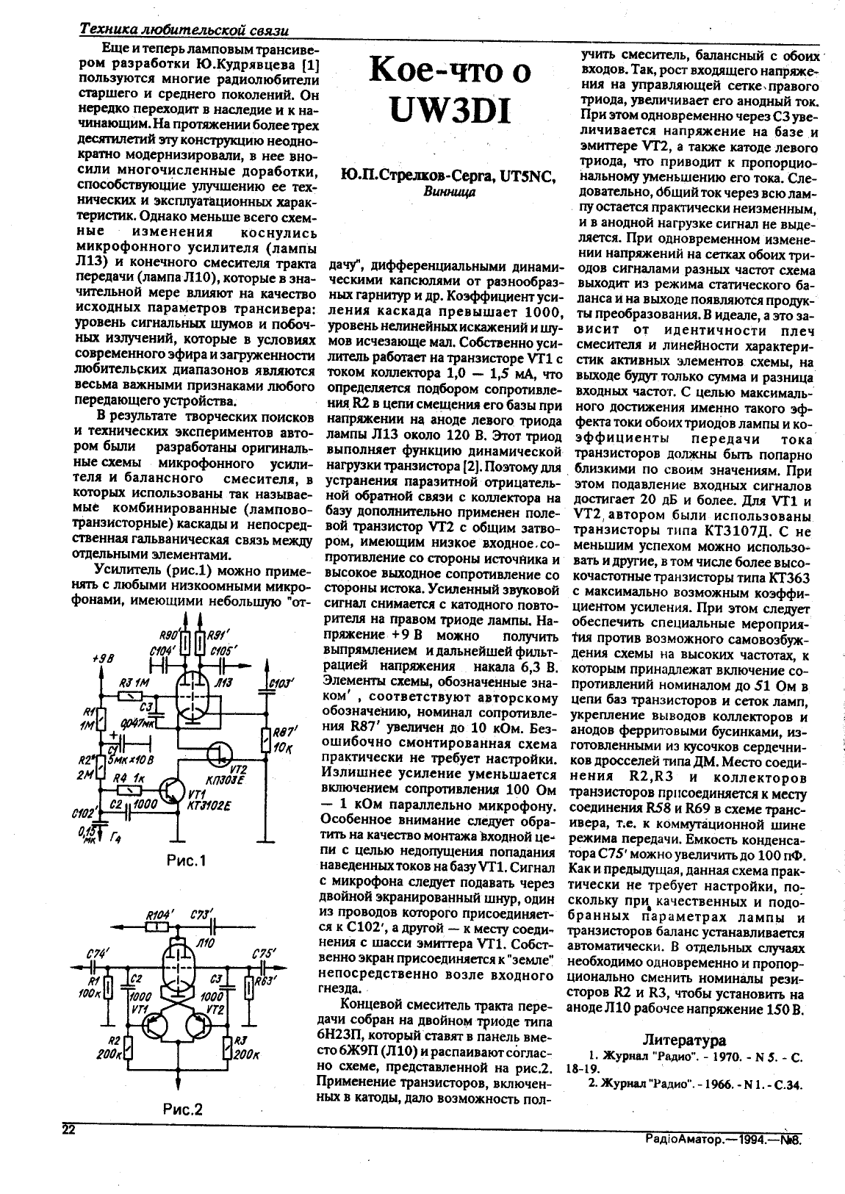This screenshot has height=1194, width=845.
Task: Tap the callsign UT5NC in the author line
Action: point(525,176)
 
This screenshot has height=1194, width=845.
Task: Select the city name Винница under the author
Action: point(450,192)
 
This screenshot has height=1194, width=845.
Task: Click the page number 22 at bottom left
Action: point(68,1131)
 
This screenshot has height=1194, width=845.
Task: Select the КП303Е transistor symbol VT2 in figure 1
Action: point(217,751)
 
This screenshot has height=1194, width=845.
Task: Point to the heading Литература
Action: point(684,1040)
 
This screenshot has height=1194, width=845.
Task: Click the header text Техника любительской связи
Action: point(183,30)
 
